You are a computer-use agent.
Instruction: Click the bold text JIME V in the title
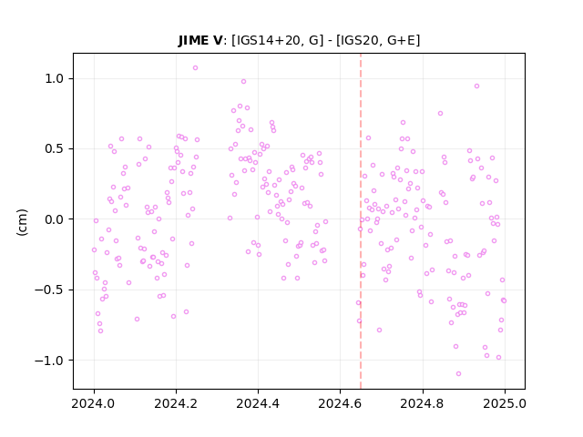tap(200, 40)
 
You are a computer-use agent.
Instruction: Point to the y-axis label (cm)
tap(22, 222)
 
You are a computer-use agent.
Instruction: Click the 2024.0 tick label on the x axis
tap(94, 403)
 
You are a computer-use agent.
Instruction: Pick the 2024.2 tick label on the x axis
tap(176, 403)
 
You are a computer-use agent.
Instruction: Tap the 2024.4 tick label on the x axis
tap(258, 403)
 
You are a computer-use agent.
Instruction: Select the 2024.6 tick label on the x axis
tap(340, 403)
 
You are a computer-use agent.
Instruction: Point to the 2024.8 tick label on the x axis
tap(422, 403)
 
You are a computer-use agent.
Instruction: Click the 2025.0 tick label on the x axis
tap(505, 403)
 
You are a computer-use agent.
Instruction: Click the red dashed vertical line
tap(361, 221)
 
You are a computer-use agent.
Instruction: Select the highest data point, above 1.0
tap(195, 68)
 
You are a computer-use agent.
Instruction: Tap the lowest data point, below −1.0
tap(458, 374)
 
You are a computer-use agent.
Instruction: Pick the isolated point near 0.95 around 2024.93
tap(476, 86)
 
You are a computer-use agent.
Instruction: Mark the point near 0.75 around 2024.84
tap(440, 113)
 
